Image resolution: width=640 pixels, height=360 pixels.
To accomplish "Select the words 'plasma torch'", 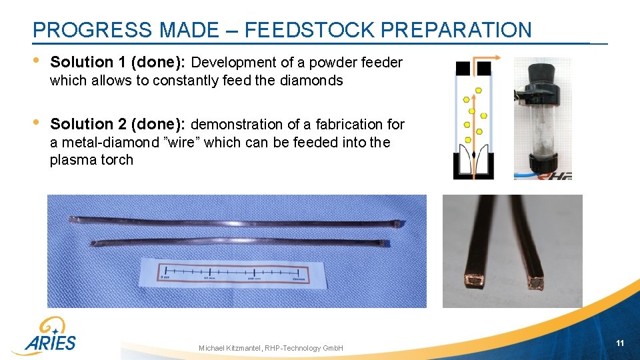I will (x=91, y=160).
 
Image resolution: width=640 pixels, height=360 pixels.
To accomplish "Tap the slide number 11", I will (x=620, y=343).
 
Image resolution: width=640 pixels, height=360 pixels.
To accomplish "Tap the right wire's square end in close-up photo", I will (x=536, y=284).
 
